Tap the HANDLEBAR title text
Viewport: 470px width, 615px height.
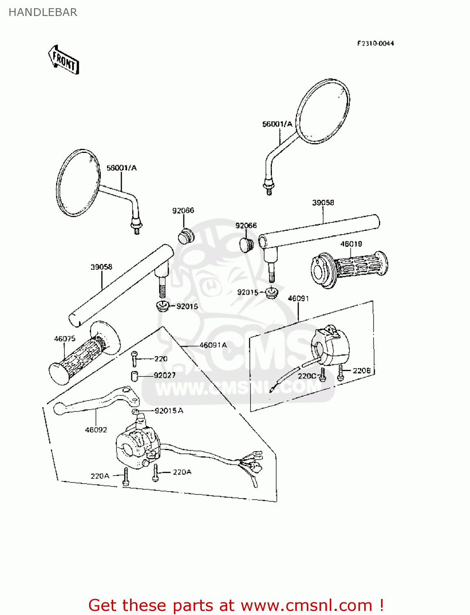(43, 13)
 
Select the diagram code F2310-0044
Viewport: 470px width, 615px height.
(375, 43)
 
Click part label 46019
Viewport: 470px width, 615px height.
(351, 244)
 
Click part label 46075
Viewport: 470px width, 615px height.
(65, 339)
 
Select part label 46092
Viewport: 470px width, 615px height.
(96, 430)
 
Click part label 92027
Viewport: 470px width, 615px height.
(165, 375)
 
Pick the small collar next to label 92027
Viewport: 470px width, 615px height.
(134, 376)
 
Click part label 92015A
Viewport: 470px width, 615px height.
(169, 410)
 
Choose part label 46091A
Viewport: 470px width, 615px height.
(213, 345)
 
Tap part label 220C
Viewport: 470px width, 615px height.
(307, 376)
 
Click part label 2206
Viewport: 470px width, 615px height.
(361, 371)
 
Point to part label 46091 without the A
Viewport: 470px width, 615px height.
(298, 298)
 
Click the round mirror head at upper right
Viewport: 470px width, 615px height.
(323, 111)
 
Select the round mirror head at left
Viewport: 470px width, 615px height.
(78, 183)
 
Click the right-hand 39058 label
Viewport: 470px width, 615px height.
(323, 203)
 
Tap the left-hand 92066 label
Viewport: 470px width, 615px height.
(183, 211)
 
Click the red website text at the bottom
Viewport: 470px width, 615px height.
(236, 605)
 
